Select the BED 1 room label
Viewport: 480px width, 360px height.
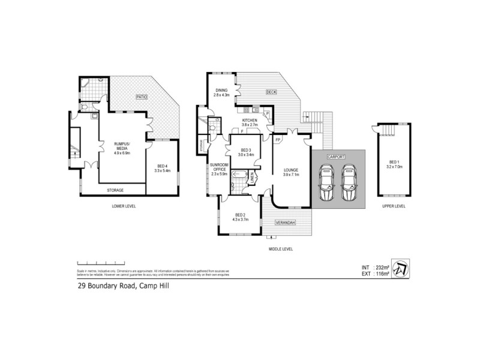(394, 163)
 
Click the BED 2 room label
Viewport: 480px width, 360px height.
(240, 217)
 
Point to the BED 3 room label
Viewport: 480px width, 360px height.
(246, 152)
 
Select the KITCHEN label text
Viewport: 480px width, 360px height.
(250, 122)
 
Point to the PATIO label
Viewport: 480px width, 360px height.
(141, 96)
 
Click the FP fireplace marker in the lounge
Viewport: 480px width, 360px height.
(278, 140)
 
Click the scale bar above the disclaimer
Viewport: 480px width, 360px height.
(100, 263)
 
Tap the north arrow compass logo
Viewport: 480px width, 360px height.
(404, 267)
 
